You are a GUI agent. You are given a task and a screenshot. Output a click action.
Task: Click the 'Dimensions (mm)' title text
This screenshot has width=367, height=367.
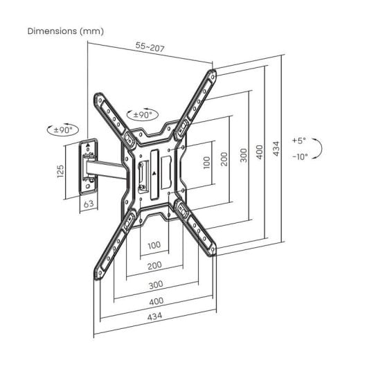pos(64,32)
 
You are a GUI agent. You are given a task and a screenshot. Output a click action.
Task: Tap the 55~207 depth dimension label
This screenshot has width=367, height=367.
pos(150,46)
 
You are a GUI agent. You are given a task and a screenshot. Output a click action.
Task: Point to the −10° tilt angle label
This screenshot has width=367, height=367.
pos(299,156)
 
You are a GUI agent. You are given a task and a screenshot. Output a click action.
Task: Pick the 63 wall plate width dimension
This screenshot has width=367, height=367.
pos(89,204)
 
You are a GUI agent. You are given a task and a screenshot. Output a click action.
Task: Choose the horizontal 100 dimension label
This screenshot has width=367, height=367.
pos(154,245)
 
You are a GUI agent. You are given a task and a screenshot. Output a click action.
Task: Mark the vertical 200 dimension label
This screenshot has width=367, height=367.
pos(224,160)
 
